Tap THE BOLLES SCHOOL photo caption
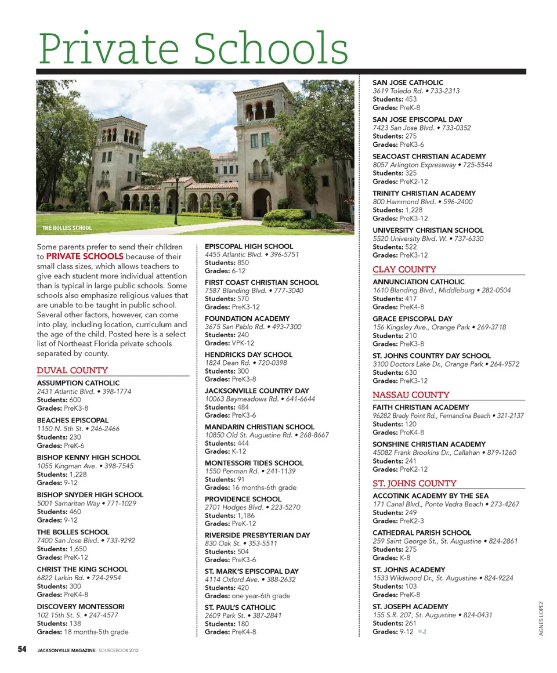point(67,228)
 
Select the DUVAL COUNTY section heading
point(73,370)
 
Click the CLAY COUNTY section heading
point(404,269)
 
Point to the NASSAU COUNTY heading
point(411,395)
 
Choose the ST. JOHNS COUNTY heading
point(414,483)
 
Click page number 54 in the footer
point(23,649)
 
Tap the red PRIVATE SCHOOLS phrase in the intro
point(85,256)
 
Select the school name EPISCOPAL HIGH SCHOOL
point(249,247)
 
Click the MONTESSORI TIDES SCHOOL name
point(254,463)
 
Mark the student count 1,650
point(78,549)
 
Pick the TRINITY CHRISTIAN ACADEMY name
point(424,193)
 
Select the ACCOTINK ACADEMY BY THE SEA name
point(431,496)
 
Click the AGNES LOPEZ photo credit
point(541,617)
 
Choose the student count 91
point(241,479)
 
